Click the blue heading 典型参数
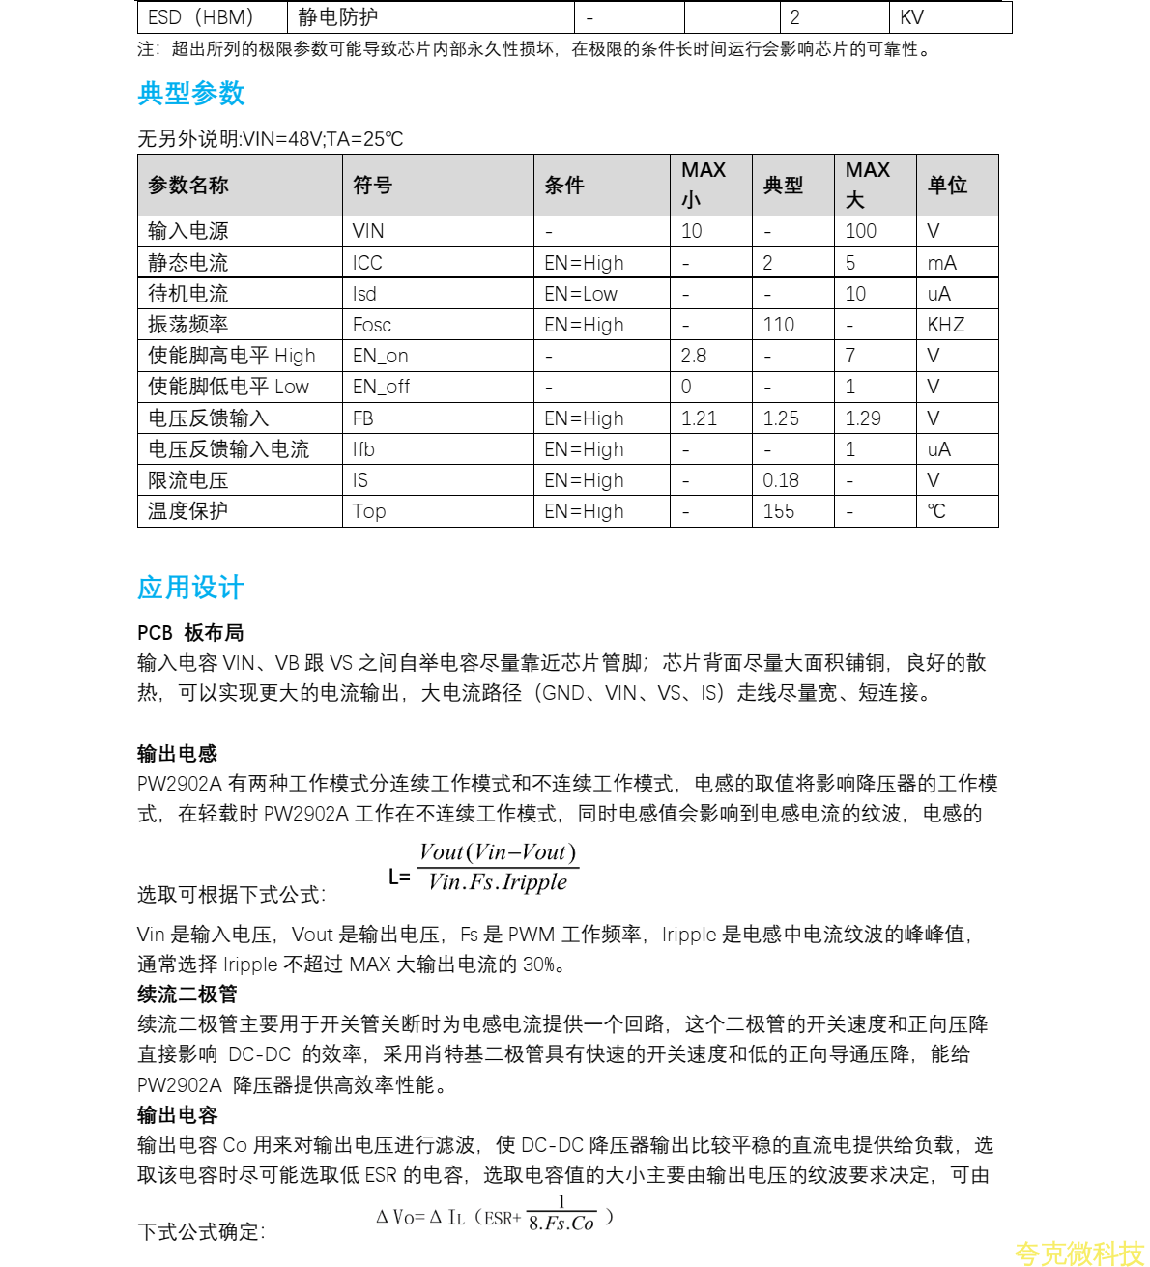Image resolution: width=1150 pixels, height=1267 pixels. tap(191, 94)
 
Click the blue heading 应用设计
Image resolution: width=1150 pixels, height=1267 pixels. tap(191, 588)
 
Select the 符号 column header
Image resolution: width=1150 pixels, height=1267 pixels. tap(372, 185)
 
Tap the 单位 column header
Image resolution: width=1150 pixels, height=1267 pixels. tap(947, 185)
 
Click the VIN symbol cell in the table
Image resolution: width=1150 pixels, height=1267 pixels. tap(368, 231)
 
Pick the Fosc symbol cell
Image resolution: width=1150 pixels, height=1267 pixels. tap(372, 325)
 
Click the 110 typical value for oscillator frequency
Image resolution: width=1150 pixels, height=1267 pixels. tap(778, 325)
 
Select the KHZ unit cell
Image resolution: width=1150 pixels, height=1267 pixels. tap(945, 325)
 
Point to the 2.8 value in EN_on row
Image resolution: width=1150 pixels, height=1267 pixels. tap(693, 356)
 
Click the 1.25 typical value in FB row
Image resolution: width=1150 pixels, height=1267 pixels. tap(781, 418)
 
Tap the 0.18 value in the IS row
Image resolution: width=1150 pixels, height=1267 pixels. tap(781, 480)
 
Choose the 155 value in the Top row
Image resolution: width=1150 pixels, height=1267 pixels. tap(778, 511)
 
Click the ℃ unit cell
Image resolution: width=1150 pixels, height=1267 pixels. tap(936, 511)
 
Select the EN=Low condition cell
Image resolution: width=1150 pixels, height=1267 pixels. tap(580, 294)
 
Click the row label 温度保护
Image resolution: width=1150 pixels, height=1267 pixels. tap(187, 511)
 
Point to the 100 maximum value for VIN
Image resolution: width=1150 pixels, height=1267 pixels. tap(860, 231)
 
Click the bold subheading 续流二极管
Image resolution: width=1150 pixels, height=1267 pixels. tap(187, 993)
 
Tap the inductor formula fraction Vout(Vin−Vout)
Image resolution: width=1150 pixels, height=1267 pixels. tap(498, 852)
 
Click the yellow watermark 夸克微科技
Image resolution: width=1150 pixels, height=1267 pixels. tap(1078, 1253)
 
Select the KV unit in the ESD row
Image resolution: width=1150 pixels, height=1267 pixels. tap(911, 17)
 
